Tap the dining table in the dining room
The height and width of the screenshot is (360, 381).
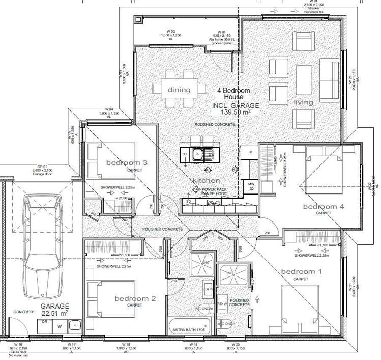[179, 90]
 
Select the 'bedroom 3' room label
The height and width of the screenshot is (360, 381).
[127, 163]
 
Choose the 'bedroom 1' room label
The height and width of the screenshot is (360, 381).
[302, 271]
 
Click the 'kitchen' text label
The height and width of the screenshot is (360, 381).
[206, 181]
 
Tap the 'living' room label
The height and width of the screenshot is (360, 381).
[304, 103]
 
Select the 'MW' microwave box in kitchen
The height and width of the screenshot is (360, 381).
[251, 183]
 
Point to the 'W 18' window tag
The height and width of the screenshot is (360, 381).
[126, 345]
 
